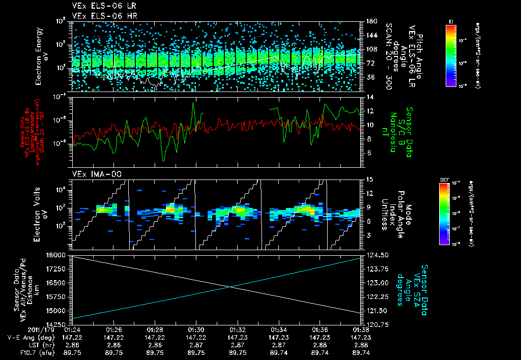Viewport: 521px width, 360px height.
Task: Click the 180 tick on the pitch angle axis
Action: pyautogui.click(x=370, y=21)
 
